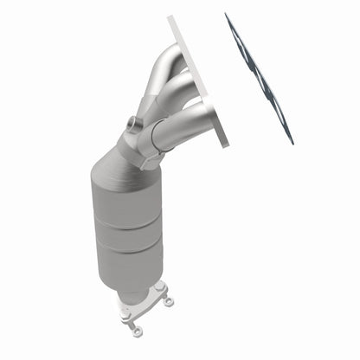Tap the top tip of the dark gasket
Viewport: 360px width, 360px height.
click(x=227, y=15)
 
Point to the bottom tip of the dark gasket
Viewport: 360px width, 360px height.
click(x=292, y=142)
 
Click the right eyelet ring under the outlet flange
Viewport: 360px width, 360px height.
click(x=168, y=301)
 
